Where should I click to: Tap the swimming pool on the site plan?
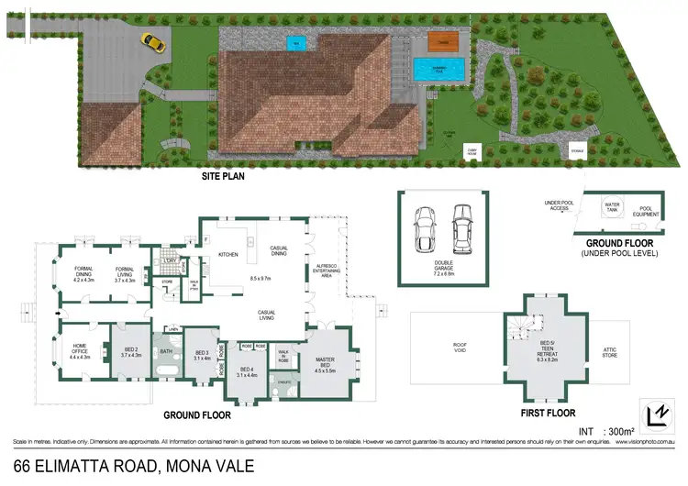[433, 69]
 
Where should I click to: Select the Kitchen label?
[228, 255]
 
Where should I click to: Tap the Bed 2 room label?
[130, 350]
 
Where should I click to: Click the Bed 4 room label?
[247, 372]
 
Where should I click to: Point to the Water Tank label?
[612, 207]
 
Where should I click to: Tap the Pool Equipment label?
[649, 211]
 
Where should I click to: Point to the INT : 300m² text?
[603, 430]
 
